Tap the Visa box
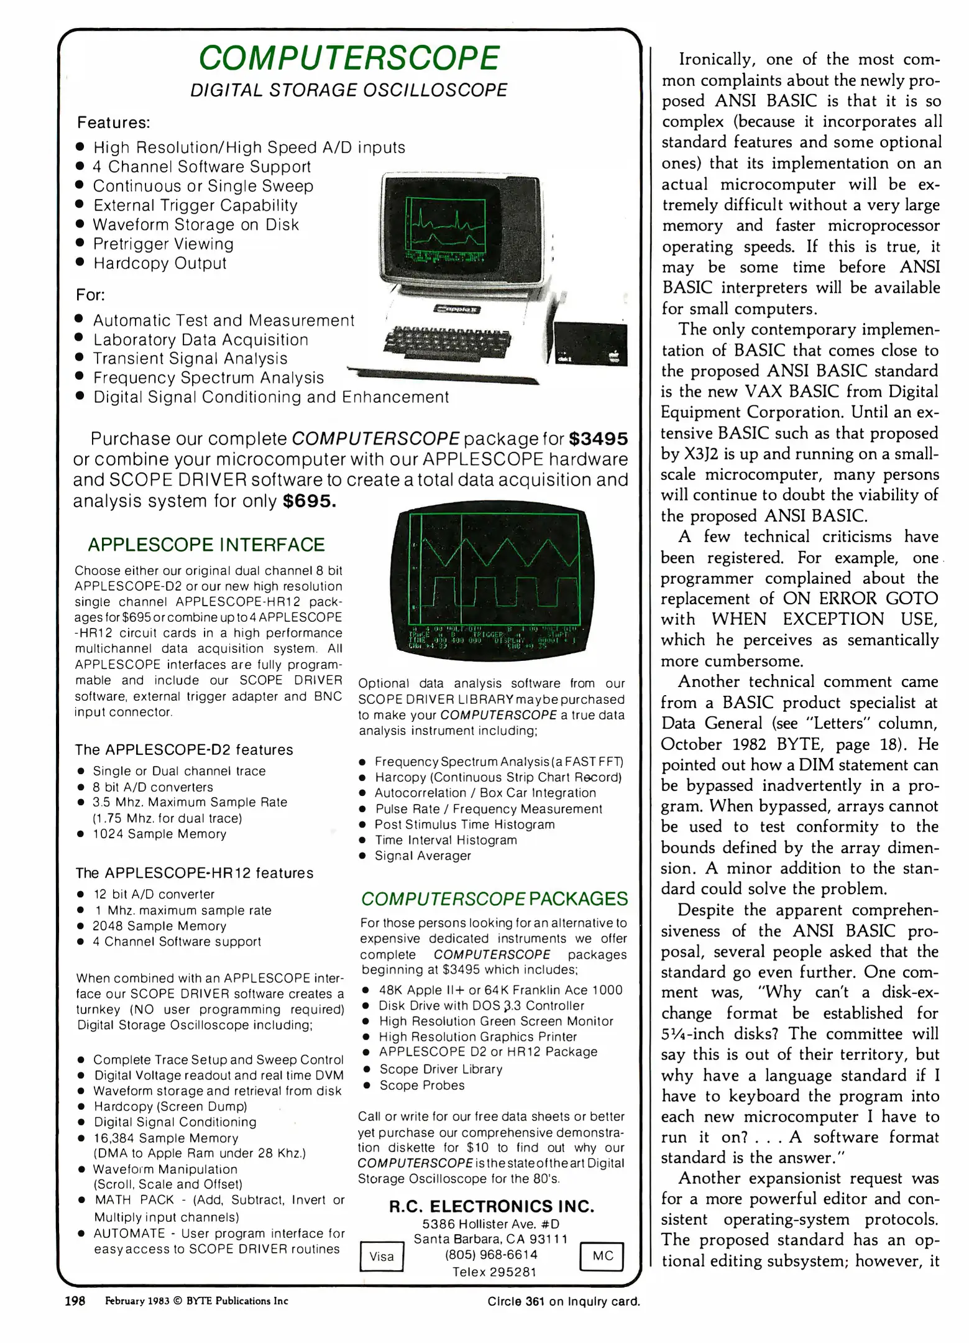(x=381, y=1256)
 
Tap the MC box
(x=602, y=1255)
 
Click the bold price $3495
(x=598, y=439)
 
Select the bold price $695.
(x=309, y=501)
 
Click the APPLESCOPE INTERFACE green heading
(x=206, y=545)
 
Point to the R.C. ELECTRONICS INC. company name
(x=491, y=1206)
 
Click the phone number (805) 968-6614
(x=491, y=1255)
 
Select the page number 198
(x=75, y=1301)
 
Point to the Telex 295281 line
(x=494, y=1271)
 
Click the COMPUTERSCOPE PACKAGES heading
(x=494, y=898)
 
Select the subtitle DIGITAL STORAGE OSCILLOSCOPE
(x=349, y=90)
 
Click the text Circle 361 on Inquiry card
(x=563, y=1301)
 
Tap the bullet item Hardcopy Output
(x=160, y=263)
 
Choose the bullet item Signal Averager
(x=423, y=856)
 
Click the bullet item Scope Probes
(x=422, y=1085)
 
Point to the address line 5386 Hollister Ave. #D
(x=490, y=1224)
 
